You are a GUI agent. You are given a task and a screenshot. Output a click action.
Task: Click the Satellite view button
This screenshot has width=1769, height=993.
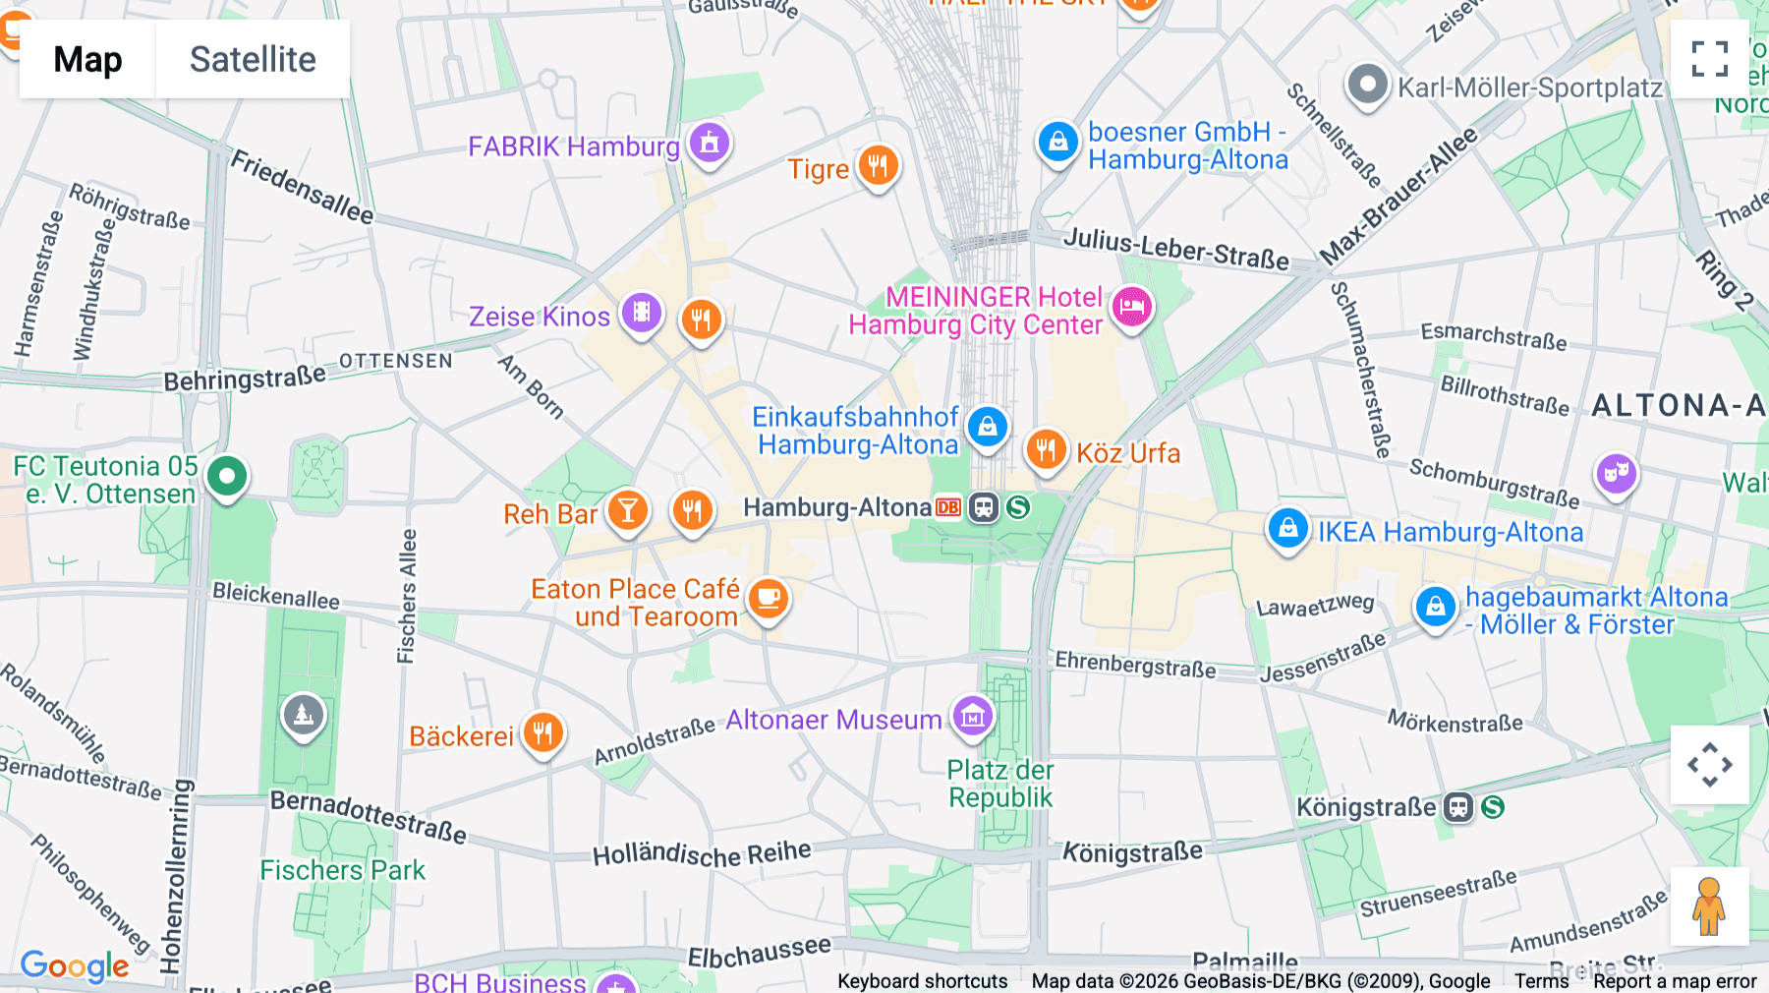click(x=253, y=59)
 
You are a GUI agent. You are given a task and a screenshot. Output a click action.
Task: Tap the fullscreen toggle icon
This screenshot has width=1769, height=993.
click(x=1709, y=59)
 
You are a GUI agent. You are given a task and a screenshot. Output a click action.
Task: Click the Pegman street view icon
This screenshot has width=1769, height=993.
click(x=1709, y=905)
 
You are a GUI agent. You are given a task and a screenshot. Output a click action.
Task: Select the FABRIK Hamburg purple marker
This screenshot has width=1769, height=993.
click(x=710, y=144)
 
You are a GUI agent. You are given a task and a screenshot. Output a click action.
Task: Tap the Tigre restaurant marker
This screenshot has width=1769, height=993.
click(x=878, y=166)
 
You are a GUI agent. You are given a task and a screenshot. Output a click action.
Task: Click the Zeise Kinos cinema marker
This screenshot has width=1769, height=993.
click(x=641, y=314)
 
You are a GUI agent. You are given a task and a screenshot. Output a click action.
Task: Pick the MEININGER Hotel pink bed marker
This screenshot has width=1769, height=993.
click(x=1131, y=307)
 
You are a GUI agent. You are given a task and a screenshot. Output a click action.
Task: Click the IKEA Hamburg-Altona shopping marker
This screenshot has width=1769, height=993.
click(x=1287, y=529)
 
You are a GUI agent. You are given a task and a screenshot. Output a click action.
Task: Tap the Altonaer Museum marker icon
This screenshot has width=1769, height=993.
click(x=972, y=717)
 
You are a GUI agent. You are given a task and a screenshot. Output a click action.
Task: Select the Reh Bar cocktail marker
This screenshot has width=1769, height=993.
click(x=627, y=510)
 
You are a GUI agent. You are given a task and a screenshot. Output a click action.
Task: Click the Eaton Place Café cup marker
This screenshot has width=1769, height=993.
click(x=769, y=598)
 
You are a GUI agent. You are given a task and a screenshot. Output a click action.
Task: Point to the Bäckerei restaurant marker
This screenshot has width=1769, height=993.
click(x=542, y=732)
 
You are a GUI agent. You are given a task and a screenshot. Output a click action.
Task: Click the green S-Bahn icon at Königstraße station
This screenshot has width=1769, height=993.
click(x=1493, y=807)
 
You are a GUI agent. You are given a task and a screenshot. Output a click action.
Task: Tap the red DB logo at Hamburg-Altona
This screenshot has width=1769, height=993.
click(x=948, y=507)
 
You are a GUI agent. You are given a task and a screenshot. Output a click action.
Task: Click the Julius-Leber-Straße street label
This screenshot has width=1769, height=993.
click(x=1175, y=248)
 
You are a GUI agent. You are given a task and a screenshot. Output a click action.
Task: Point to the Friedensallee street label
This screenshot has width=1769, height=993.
click(x=302, y=187)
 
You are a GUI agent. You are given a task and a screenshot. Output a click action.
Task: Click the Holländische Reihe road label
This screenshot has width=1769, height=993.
click(x=702, y=853)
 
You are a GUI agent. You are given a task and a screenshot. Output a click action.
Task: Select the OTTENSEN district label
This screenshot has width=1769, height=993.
click(x=395, y=361)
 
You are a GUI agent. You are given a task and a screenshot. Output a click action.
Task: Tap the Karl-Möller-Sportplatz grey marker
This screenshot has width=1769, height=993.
click(x=1366, y=86)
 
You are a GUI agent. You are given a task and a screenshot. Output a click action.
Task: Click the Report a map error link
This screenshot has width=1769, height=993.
click(x=1674, y=981)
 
